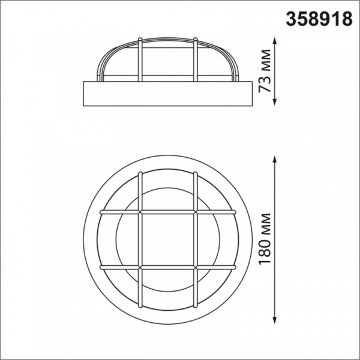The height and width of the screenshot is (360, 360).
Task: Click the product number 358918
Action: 319,19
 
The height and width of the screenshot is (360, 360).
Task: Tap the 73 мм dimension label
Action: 265,71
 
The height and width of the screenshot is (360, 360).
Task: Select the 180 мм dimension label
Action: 265,239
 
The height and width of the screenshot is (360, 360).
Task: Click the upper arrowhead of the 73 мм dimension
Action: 275,41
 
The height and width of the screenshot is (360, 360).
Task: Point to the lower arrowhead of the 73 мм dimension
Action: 275,101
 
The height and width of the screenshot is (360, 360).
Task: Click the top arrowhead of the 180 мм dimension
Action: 275,160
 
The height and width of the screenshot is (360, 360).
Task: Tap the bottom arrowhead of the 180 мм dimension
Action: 275,320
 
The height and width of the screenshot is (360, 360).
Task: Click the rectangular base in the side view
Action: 167,94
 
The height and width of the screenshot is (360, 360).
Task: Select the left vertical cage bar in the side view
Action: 140,59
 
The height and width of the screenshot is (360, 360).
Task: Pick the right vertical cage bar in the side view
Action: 196,59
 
